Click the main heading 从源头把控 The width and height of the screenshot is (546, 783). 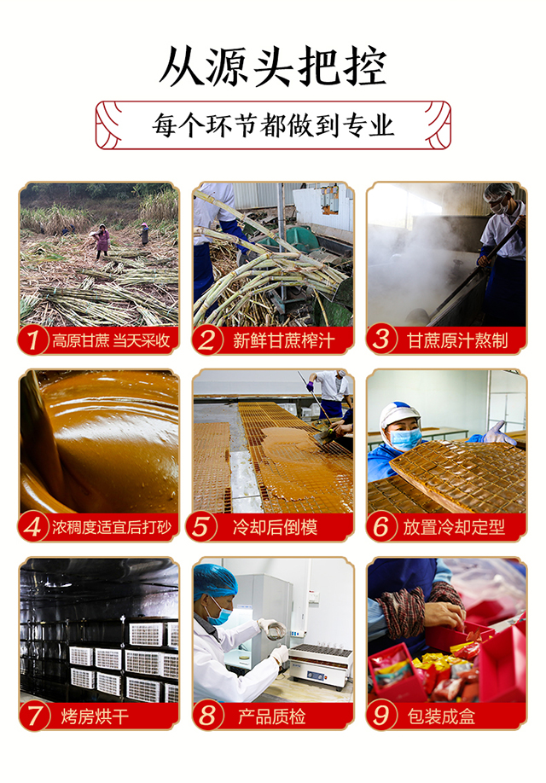273,67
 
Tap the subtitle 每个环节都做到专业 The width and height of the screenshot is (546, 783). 273,125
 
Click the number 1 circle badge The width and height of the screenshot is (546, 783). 33,340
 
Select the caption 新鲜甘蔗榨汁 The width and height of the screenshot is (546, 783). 283,340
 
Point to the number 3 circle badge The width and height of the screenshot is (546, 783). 381,339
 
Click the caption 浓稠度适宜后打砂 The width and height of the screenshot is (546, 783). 112,527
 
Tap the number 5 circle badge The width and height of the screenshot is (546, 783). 201,527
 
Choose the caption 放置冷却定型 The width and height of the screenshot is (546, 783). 454,527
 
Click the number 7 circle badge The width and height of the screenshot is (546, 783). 34,716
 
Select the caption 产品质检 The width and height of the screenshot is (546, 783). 271,716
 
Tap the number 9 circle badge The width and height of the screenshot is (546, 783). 381,715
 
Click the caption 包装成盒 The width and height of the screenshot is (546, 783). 441,716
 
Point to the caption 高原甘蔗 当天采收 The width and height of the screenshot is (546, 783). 111,340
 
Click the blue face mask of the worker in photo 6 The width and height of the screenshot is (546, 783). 405,439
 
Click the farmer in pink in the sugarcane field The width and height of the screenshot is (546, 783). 103,241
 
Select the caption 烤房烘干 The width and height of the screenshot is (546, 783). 95,716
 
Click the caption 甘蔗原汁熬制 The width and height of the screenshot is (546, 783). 457,340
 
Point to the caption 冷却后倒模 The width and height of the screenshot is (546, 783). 275,527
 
